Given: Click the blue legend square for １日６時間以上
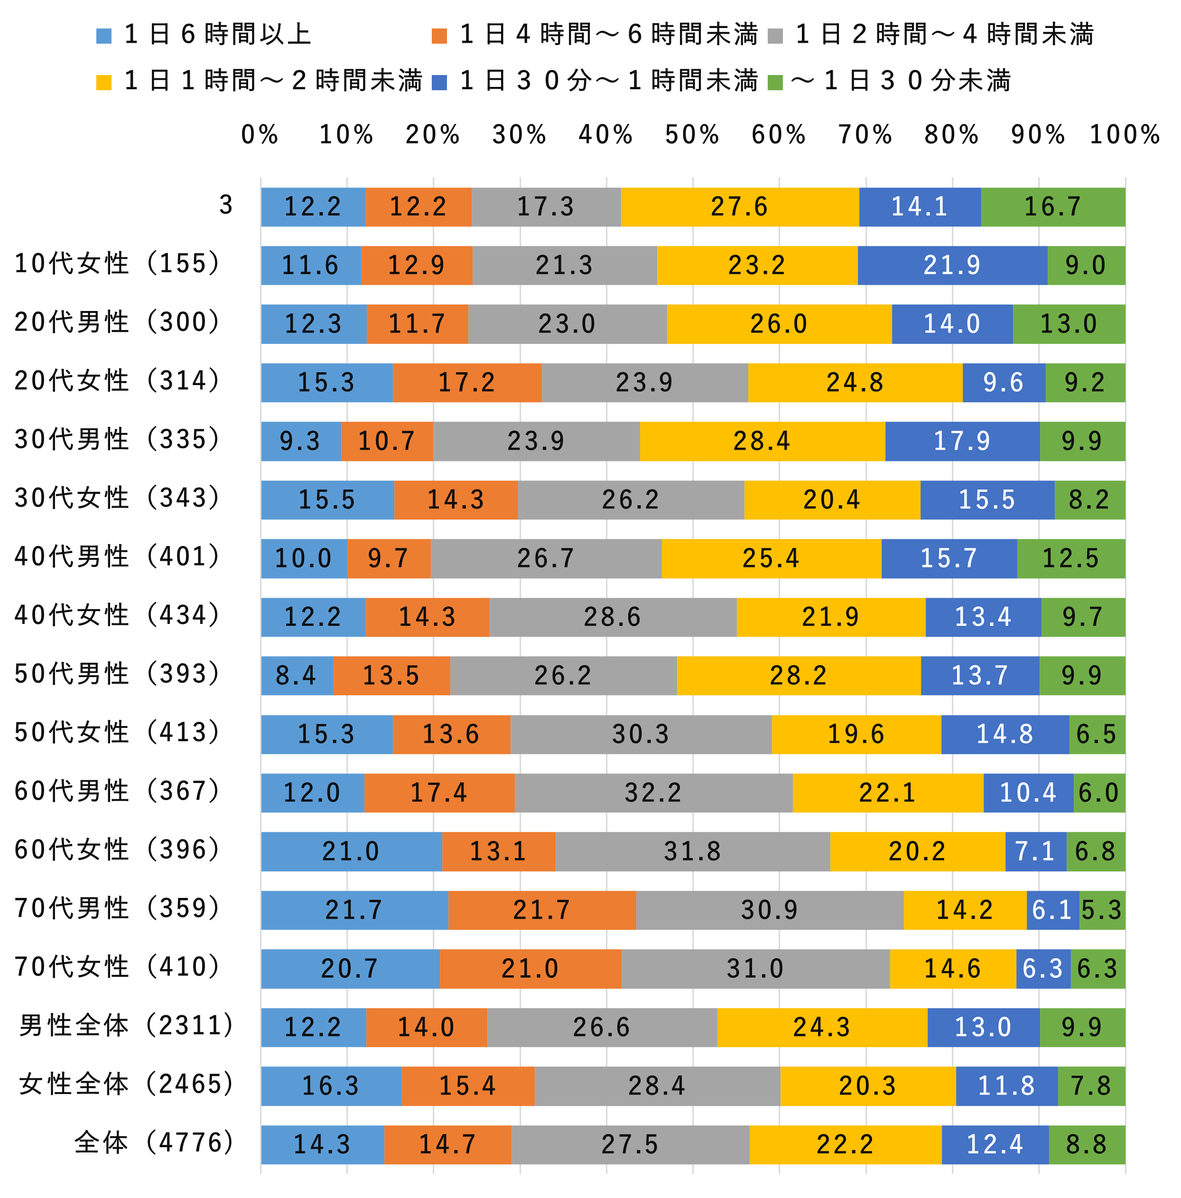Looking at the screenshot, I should (104, 36).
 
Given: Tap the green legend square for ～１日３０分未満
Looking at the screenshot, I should (774, 83).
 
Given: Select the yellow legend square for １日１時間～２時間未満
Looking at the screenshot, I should (104, 83).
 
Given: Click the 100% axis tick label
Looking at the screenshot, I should (1124, 134).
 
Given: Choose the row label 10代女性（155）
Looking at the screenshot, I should (118, 264).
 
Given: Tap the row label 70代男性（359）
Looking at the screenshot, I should (118, 908).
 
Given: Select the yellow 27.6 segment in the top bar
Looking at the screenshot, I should (739, 207).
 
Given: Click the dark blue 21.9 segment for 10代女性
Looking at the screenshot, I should (952, 265).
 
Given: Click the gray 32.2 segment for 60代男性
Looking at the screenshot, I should (652, 792).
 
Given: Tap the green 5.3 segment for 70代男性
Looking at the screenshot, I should (1101, 910).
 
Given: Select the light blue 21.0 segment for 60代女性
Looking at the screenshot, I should (351, 851).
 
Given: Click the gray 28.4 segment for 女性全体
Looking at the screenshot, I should (656, 1086).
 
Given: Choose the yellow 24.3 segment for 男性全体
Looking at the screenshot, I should (822, 1028).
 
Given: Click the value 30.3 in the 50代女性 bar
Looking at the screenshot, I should (640, 734).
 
